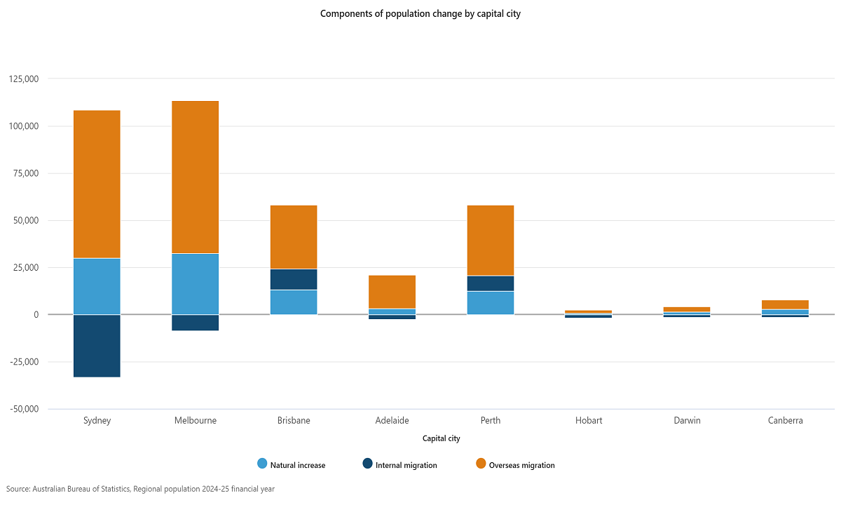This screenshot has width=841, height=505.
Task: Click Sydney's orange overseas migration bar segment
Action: (x=97, y=184)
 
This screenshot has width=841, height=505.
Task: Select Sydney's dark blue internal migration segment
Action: (x=97, y=345)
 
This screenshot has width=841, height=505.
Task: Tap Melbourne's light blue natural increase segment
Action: (x=196, y=283)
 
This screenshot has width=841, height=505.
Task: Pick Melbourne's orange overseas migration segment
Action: (x=196, y=177)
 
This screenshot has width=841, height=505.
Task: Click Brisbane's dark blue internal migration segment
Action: (x=294, y=279)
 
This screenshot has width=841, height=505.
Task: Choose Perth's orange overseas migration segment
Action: (x=490, y=240)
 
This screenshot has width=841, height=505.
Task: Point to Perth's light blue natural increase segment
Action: (x=490, y=302)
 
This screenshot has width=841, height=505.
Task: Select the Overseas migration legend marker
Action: (x=481, y=464)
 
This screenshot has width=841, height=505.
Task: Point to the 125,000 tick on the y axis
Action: (x=24, y=79)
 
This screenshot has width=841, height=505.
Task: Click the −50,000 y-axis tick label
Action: (x=24, y=409)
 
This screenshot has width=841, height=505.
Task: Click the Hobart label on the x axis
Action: (x=589, y=421)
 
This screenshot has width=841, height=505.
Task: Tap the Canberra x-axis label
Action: (x=785, y=421)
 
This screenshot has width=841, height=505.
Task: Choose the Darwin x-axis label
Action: (x=687, y=421)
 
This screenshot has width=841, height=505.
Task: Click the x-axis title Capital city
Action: (x=441, y=438)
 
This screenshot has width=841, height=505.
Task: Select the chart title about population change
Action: (x=420, y=13)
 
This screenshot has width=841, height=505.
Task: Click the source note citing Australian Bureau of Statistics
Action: (x=140, y=489)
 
